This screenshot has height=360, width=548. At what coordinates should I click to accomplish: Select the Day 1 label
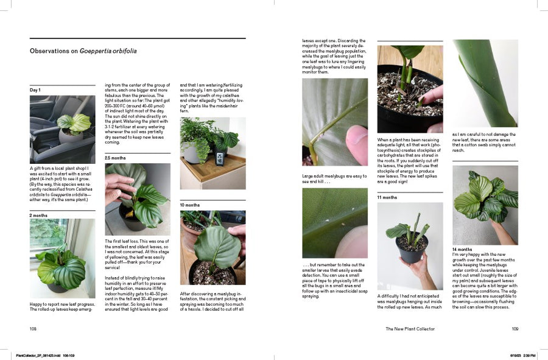[35, 90]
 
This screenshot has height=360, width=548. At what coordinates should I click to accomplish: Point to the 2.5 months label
[115, 158]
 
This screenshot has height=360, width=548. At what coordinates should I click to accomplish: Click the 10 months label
[189, 205]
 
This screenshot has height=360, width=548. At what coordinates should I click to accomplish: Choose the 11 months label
[387, 197]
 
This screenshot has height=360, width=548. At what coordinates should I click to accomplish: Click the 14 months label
[462, 249]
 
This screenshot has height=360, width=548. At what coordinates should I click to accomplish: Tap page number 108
[33, 328]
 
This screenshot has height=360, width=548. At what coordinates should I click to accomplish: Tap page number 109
[515, 328]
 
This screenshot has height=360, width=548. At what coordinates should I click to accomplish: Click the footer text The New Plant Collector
[410, 328]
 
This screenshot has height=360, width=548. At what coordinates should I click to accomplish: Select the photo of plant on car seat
[62, 129]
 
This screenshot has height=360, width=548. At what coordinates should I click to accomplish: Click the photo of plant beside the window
[62, 258]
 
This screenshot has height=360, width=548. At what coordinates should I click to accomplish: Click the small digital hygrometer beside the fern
[219, 159]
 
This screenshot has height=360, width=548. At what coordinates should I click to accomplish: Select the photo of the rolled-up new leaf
[485, 83]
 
